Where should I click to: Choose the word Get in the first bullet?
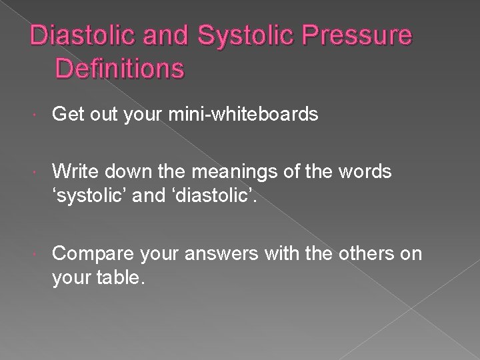tap(69, 116)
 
